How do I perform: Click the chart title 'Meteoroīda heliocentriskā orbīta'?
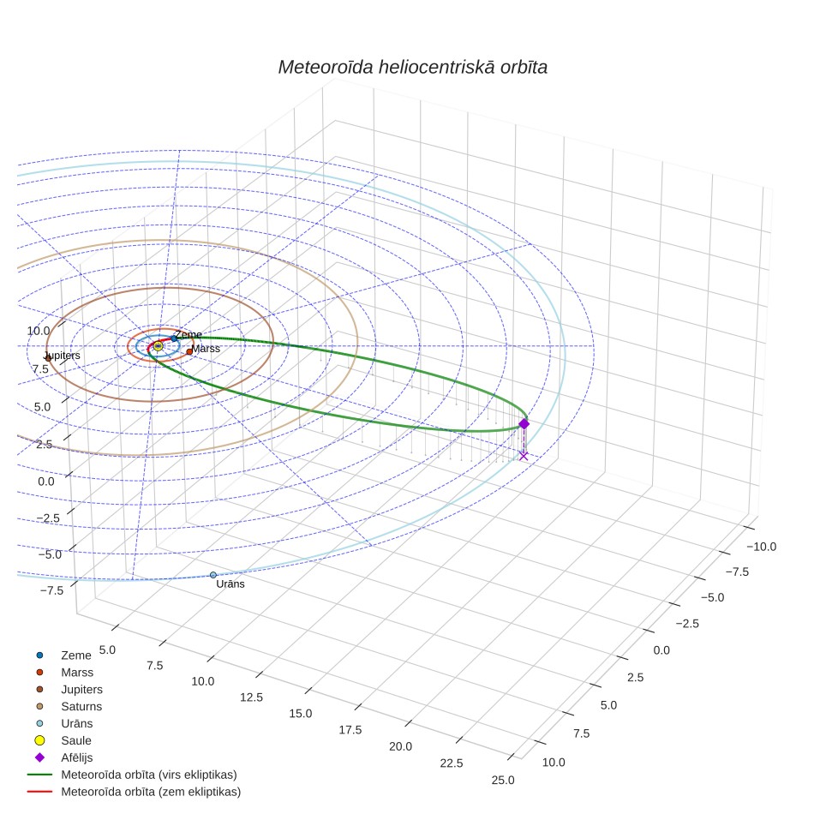coord(412,67)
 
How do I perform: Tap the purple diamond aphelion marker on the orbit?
coord(524,424)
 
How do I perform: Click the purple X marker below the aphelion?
coord(523,456)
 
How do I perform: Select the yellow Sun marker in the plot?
coord(158,346)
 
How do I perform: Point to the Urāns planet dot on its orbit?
coord(213,575)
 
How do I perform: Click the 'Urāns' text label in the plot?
coord(230,584)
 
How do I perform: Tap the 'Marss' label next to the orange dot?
coord(206,349)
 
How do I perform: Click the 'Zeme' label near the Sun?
coord(188,334)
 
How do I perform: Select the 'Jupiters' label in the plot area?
coord(63,356)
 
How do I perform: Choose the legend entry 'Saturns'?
coord(81,706)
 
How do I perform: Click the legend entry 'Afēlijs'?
coord(77,757)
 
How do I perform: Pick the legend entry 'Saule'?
coord(76,740)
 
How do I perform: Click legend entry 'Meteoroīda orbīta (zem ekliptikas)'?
coord(151,792)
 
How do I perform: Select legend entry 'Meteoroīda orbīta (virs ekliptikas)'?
coord(149,775)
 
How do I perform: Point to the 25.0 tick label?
coord(503,781)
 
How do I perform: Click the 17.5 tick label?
coord(350,730)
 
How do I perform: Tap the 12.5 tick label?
coord(251,697)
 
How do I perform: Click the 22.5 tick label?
coord(452,763)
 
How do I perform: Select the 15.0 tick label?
coord(300,714)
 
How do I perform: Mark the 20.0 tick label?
coord(400,746)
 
